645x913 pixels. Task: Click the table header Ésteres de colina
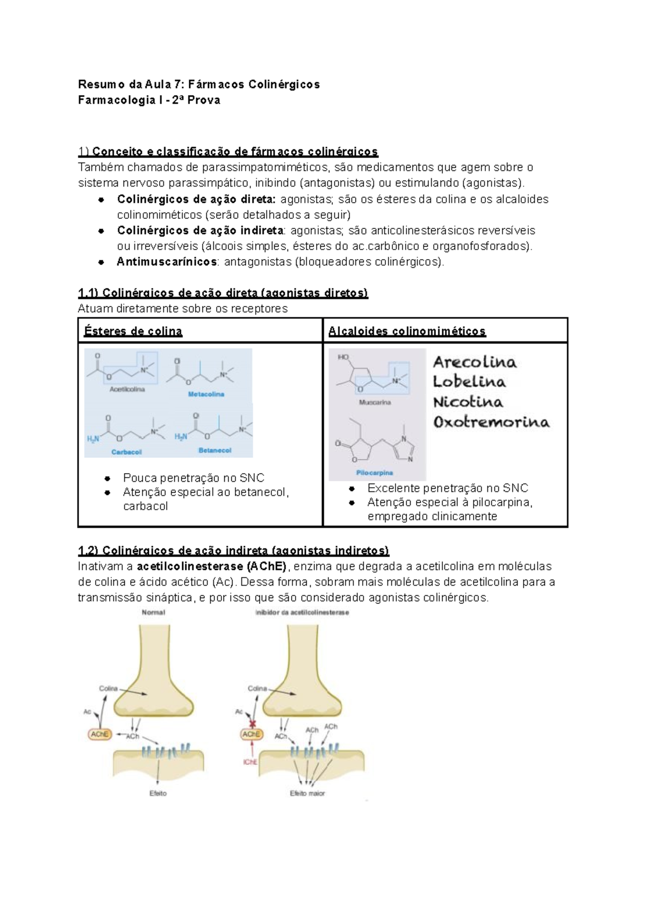[x=133, y=331]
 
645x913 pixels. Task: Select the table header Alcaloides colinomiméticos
[x=407, y=331]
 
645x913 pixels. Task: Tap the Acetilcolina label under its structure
[x=127, y=389]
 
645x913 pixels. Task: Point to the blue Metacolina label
[x=206, y=394]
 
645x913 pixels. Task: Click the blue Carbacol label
[x=126, y=452]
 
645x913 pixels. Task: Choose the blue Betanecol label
[x=214, y=451]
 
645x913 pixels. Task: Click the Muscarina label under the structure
[x=375, y=402]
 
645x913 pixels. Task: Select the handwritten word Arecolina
[x=475, y=362]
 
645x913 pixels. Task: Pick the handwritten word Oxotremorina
[x=491, y=422]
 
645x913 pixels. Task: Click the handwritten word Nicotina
[x=468, y=402]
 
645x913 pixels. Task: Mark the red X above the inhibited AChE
[x=250, y=724]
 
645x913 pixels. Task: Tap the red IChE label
[x=250, y=762]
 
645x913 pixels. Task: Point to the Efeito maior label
[x=307, y=793]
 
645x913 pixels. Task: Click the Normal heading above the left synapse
[x=153, y=612]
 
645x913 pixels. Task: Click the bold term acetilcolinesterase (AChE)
[x=212, y=566]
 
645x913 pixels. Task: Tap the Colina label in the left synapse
[x=108, y=688]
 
